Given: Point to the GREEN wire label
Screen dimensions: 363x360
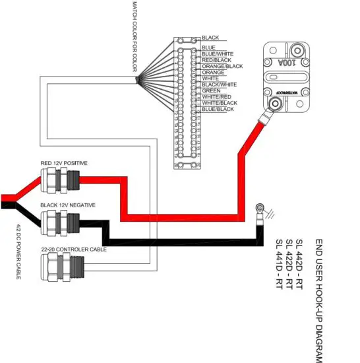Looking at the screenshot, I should [x=211, y=91].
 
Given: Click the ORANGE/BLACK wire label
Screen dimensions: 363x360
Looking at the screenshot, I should [x=222, y=66].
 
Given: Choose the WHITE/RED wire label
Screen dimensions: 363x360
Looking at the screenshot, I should [x=216, y=97].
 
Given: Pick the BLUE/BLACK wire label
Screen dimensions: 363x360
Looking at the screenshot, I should [x=218, y=109].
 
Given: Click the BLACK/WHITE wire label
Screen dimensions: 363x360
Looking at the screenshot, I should [x=218, y=84].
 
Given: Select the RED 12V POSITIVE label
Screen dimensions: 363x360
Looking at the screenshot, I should [x=64, y=162].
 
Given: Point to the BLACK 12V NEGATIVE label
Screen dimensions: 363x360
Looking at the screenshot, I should [x=68, y=205].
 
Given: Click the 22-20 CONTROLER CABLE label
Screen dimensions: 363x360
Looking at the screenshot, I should [x=73, y=249].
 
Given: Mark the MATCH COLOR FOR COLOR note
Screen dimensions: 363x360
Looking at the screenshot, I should [x=135, y=36].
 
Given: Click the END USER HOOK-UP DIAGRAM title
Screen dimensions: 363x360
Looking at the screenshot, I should [x=319, y=301].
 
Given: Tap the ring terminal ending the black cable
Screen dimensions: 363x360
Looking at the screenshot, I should [x=260, y=213].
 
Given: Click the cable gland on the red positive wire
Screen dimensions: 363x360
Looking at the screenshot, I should [x=56, y=179].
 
